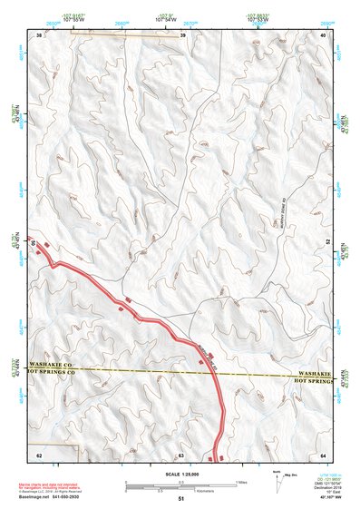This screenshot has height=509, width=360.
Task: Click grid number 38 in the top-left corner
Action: [38, 34]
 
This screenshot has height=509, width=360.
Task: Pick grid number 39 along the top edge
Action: [183, 34]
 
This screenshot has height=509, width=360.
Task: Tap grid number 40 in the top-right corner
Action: [324, 34]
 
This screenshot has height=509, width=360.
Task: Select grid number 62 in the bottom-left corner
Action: [38, 454]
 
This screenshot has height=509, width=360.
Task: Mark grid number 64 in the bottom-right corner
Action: [324, 454]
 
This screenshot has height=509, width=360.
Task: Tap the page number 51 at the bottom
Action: [180, 499]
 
